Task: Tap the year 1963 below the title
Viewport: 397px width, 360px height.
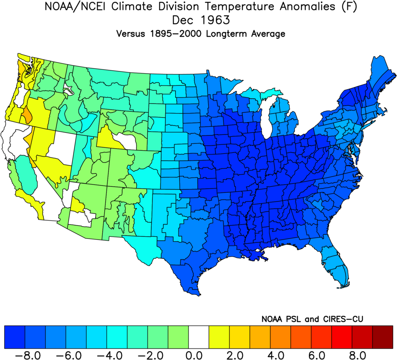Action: [x=215, y=21]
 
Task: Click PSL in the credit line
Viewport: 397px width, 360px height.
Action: [x=295, y=319]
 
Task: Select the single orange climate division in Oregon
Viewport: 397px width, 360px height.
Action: [x=26, y=114]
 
